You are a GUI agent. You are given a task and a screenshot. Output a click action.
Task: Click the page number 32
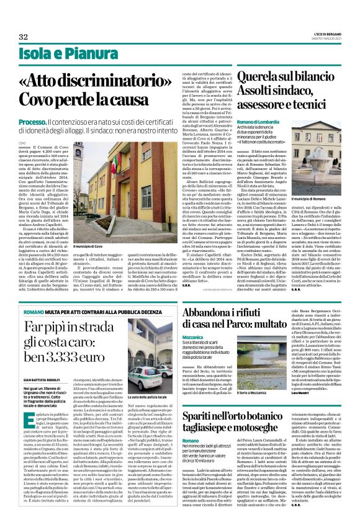(x=24, y=37)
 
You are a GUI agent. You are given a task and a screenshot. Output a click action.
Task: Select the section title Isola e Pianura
(x=54, y=54)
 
